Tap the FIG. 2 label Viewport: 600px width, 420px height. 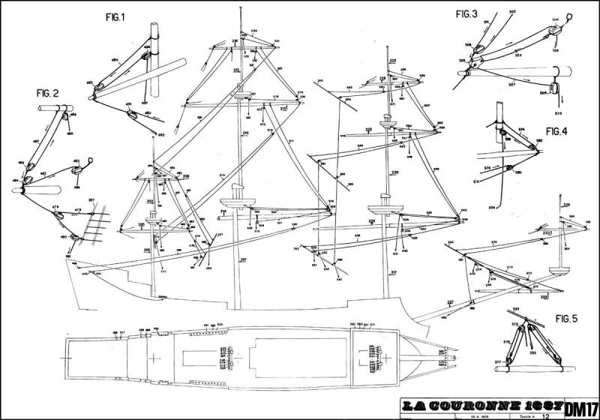coord(46,93)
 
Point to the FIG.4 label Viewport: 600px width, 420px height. coord(556,131)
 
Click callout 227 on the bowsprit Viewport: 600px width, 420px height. coord(451,301)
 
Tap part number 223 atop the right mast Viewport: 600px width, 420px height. coord(393,59)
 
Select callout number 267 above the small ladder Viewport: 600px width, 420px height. coord(91,199)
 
